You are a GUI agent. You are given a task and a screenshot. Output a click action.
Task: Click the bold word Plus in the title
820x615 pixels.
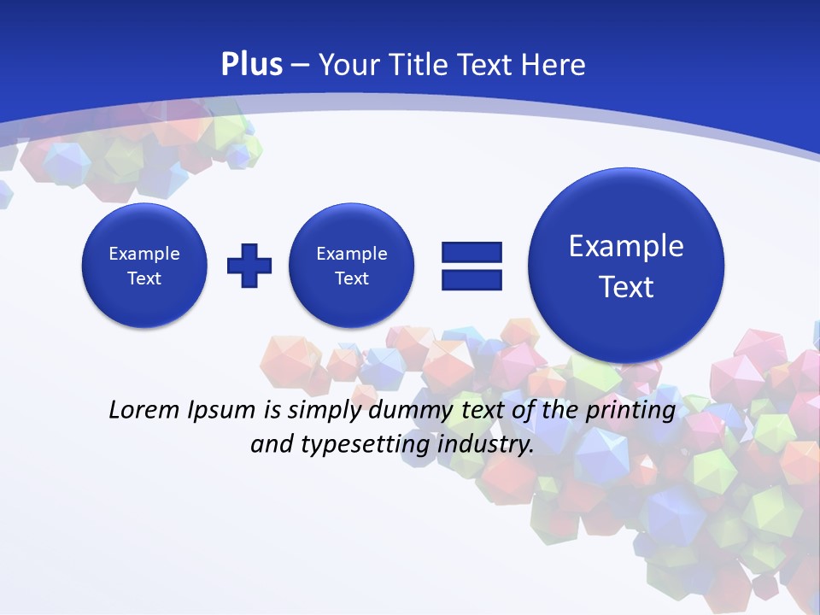251,65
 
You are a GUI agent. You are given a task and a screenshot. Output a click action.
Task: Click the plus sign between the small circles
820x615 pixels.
249,265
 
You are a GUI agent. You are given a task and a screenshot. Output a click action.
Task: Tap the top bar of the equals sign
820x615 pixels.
471,252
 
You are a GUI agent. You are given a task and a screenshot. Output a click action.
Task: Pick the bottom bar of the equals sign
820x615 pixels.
471,278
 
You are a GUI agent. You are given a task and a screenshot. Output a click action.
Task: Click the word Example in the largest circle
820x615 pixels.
626,246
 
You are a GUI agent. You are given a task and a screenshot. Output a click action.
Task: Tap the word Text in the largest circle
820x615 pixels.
626,287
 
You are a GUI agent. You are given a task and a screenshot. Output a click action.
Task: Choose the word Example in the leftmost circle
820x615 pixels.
144,254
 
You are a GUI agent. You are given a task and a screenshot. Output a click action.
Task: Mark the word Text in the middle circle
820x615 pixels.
351,278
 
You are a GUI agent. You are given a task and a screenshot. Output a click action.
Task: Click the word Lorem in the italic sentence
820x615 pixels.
143,410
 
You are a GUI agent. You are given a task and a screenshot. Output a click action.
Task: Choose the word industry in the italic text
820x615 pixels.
485,445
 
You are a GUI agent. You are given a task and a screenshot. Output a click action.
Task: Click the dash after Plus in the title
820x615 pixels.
300,66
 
